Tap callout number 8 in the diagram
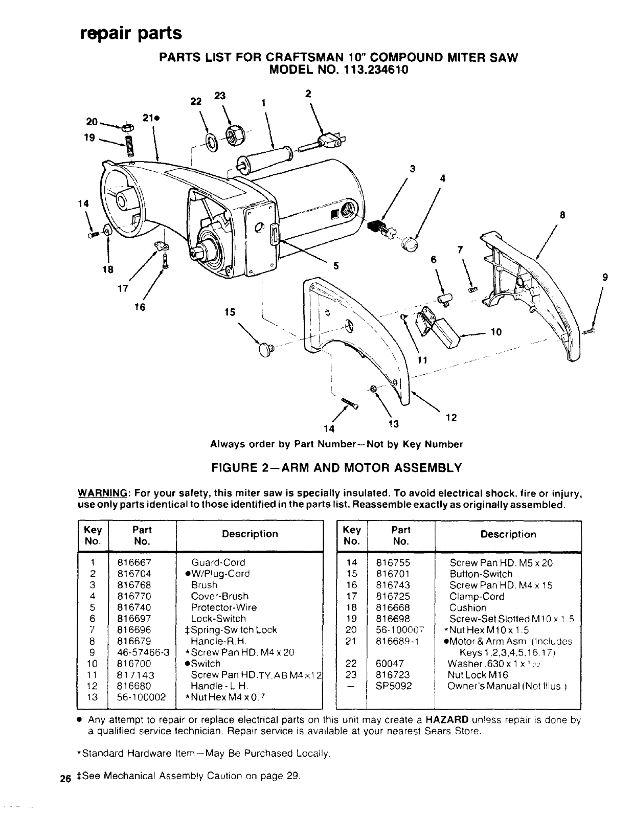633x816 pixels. click(562, 215)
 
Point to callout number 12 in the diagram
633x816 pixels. click(450, 417)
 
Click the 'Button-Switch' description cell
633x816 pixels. click(481, 574)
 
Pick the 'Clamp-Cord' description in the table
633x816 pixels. click(477, 597)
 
